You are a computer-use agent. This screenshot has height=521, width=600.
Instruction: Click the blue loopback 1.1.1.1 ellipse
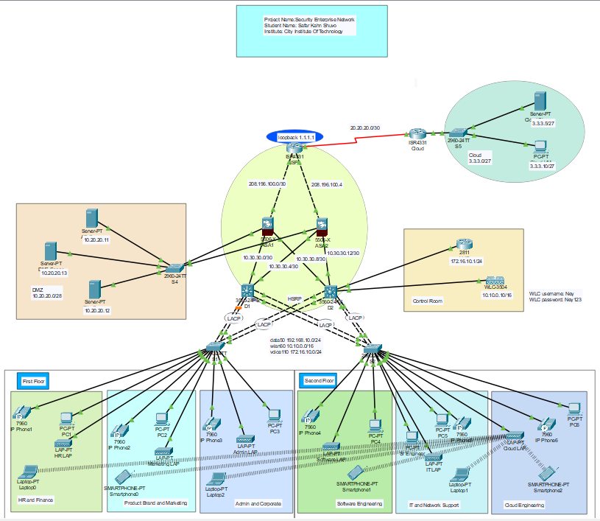tap(295, 137)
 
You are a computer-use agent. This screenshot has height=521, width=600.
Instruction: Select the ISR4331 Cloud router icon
tap(417, 134)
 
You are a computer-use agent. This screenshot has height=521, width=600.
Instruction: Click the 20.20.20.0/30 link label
tap(365, 128)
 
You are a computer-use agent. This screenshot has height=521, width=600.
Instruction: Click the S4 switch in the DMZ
tap(175, 268)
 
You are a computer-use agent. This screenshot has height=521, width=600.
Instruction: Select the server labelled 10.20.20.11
tap(92, 218)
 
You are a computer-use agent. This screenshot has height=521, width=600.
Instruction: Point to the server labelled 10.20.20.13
tap(51, 251)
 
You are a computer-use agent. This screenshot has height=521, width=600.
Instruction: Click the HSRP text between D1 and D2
tap(294, 298)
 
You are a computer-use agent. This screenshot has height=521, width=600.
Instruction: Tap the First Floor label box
tap(33, 381)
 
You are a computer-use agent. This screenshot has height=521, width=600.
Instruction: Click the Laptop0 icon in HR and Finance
tap(29, 472)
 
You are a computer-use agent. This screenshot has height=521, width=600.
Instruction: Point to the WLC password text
tap(555, 300)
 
